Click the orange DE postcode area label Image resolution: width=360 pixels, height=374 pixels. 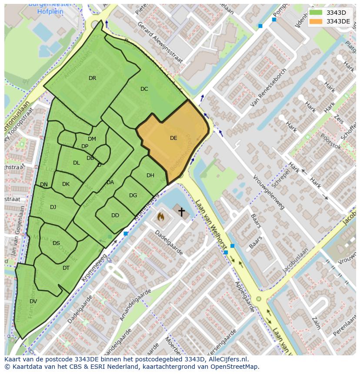click(x=173, y=138)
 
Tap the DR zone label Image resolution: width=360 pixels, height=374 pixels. click(x=92, y=78)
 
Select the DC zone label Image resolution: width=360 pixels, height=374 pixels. click(x=144, y=89)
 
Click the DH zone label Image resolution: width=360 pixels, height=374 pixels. click(x=150, y=175)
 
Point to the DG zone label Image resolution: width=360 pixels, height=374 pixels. click(x=133, y=195)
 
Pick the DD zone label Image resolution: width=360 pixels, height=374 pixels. click(x=115, y=215)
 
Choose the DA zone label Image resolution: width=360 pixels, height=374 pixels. click(x=110, y=182)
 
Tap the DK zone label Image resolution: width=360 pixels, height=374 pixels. click(x=66, y=184)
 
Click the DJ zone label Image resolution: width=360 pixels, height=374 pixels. click(x=53, y=207)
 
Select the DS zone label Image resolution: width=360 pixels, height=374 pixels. click(x=56, y=243)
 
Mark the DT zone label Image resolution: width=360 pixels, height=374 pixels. click(x=66, y=268)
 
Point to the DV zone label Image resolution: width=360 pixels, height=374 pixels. click(x=33, y=301)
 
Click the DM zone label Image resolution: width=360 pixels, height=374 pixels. click(x=92, y=139)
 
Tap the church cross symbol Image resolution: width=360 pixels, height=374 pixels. click(x=181, y=212)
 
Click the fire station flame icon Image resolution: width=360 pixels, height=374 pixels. click(x=161, y=216)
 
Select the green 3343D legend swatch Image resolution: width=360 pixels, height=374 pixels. click(x=316, y=12)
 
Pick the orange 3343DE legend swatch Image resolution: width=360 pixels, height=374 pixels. click(x=316, y=21)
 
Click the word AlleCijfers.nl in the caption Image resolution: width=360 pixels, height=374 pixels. click(x=224, y=359)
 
